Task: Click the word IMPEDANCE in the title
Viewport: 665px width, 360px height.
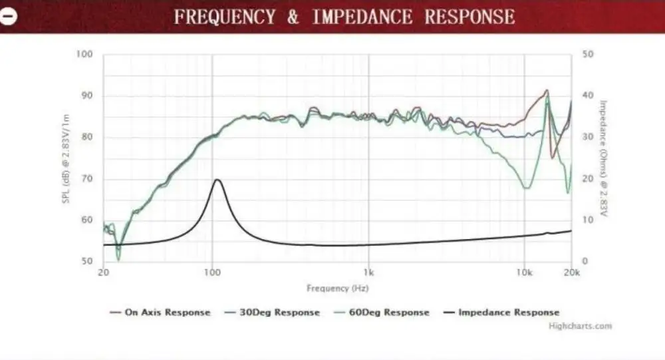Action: pyautogui.click(x=362, y=17)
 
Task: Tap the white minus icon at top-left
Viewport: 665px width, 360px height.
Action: pyautogui.click(x=9, y=17)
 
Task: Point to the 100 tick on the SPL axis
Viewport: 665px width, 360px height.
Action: pyautogui.click(x=84, y=54)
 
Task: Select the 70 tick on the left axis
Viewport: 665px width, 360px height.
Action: pyautogui.click(x=87, y=179)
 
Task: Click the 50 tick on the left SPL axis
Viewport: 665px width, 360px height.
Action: pyautogui.click(x=87, y=262)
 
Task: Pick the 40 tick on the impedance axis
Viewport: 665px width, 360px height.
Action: pyautogui.click(x=588, y=96)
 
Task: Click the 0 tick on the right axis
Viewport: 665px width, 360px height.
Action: pyautogui.click(x=585, y=262)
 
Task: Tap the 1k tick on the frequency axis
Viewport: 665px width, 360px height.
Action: pyautogui.click(x=368, y=273)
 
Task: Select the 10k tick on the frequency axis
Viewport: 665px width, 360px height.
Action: pyautogui.click(x=524, y=273)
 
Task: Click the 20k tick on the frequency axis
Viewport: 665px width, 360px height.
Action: pyautogui.click(x=571, y=273)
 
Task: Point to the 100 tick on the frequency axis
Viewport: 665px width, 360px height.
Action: pyautogui.click(x=212, y=273)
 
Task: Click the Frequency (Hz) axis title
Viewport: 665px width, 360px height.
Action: pyautogui.click(x=337, y=288)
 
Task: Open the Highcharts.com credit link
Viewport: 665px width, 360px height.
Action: pyautogui.click(x=580, y=326)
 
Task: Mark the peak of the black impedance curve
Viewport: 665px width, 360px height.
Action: pyautogui.click(x=217, y=180)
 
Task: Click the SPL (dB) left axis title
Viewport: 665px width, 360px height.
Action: pyautogui.click(x=67, y=158)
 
